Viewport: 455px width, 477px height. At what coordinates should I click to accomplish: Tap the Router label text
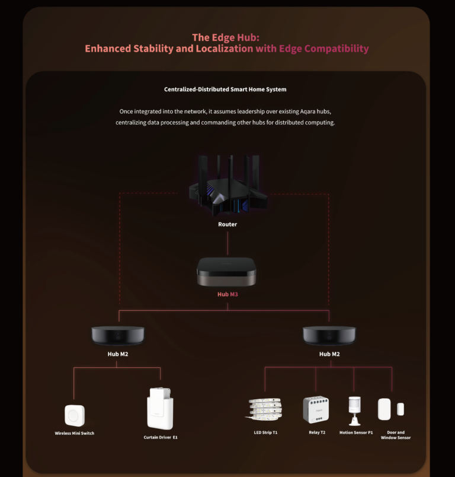click(x=227, y=224)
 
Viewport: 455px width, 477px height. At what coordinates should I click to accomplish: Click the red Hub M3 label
click(x=227, y=294)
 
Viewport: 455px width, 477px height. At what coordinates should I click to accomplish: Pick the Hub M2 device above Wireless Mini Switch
click(x=117, y=335)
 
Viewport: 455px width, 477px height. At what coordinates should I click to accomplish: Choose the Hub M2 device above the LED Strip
click(x=329, y=335)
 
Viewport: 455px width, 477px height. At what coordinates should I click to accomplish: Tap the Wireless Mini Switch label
click(x=75, y=433)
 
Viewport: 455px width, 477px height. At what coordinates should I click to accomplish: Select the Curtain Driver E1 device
click(x=160, y=409)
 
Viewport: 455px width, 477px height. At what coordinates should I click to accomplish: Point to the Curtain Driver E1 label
click(x=161, y=437)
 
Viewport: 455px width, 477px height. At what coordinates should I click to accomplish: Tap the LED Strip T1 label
click(x=265, y=433)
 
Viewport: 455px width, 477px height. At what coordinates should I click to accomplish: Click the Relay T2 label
click(x=317, y=433)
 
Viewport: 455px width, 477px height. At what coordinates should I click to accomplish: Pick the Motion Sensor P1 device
click(x=355, y=409)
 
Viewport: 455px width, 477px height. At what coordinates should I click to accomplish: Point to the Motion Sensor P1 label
click(x=356, y=433)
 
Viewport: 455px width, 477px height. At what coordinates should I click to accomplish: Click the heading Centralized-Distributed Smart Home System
click(x=225, y=90)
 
